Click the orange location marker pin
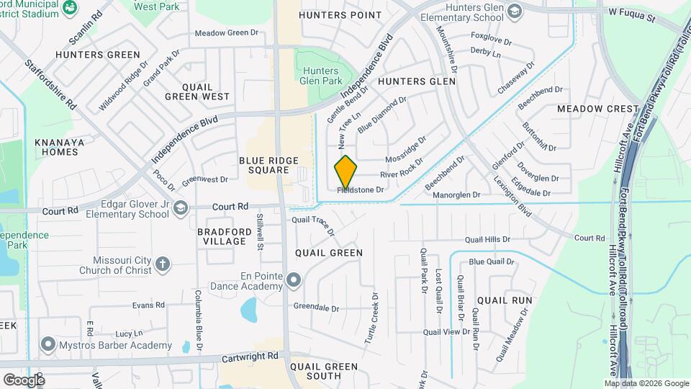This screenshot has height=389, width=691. click(x=345, y=172)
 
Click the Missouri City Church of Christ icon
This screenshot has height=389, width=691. click(x=163, y=264)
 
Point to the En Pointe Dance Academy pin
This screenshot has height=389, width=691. click(x=293, y=280)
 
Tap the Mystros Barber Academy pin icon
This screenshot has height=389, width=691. click(x=48, y=344)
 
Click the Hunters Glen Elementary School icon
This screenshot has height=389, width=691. click(x=515, y=11)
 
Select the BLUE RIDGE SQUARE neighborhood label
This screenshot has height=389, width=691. click(x=263, y=164)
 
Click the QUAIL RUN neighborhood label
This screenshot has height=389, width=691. click(x=504, y=300)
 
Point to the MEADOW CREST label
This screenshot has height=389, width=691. click(x=597, y=109)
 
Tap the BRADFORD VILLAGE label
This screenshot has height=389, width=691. click(x=222, y=236)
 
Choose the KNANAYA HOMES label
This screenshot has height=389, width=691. click(x=59, y=147)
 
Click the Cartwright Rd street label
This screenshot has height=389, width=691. click(x=252, y=356)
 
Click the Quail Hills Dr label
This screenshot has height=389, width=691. click(x=487, y=239)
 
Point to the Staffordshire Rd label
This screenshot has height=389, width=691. click(x=50, y=84)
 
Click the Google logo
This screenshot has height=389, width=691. click(x=23, y=379)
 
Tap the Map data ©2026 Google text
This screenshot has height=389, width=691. click(x=646, y=383)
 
